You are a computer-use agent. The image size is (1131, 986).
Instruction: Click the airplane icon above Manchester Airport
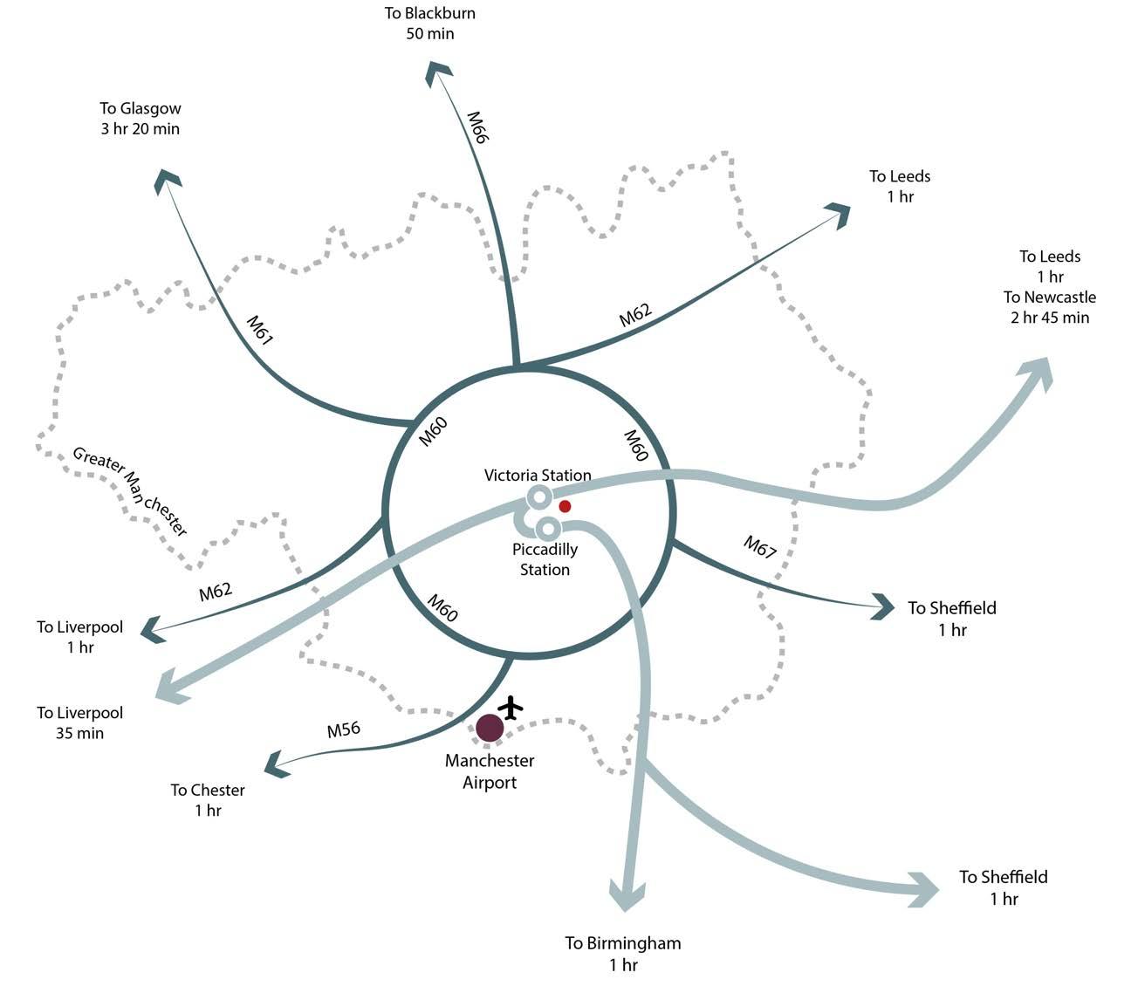pyautogui.click(x=511, y=707)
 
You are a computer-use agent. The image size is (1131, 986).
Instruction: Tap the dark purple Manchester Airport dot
pyautogui.click(x=490, y=728)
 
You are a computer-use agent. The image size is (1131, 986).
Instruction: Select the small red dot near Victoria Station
pyautogui.click(x=565, y=506)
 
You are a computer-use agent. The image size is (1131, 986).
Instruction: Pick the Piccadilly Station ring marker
pyautogui.click(x=547, y=528)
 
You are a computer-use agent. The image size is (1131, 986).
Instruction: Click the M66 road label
pyautogui.click(x=476, y=127)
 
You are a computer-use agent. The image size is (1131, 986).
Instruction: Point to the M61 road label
pyautogui.click(x=259, y=330)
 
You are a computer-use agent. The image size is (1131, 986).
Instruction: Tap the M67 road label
pyautogui.click(x=759, y=547)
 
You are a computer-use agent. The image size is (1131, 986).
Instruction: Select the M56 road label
pyautogui.click(x=343, y=729)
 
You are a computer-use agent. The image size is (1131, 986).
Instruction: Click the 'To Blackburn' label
pyautogui.click(x=430, y=14)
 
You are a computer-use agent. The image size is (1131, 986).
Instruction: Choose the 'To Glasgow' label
pyautogui.click(x=141, y=109)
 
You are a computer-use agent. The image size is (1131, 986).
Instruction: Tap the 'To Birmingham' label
pyautogui.click(x=622, y=943)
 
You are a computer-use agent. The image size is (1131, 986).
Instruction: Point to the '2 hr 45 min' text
pyautogui.click(x=1050, y=318)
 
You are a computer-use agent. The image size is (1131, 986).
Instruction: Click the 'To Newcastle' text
pyautogui.click(x=1049, y=298)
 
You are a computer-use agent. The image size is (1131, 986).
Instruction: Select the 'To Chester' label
pyautogui.click(x=208, y=791)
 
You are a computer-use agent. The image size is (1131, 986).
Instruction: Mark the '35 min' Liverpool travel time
pyautogui.click(x=79, y=733)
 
